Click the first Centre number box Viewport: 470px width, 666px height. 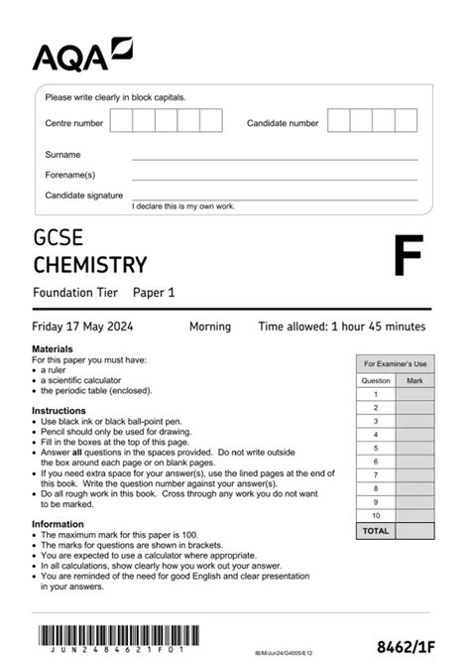coord(121,122)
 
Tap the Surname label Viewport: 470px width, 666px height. coord(62,155)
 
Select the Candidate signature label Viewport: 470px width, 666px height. coord(84,196)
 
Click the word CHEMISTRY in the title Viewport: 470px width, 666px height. coord(90,265)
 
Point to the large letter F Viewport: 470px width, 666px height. coord(407,257)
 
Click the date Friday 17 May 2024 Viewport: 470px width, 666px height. coord(82,327)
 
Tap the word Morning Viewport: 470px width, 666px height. coord(209,327)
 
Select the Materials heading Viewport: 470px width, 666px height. coord(53,350)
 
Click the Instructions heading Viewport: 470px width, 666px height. coord(59,410)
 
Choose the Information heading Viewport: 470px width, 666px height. coord(58,524)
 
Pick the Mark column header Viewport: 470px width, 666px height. coord(414,380)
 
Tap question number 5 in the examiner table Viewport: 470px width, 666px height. coord(376,448)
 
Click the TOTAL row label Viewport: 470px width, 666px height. coord(376,531)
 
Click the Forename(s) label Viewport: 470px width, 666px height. coord(68,175)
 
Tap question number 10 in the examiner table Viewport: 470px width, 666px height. coord(376,516)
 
